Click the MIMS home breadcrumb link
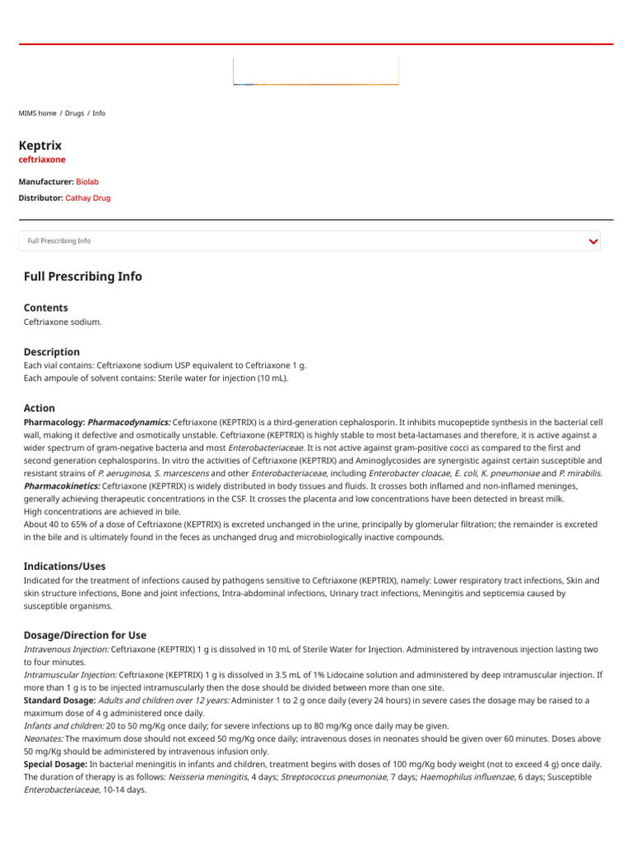pos(37,113)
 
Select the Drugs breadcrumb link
pos(74,113)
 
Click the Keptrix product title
pos(40,145)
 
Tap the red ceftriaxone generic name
pos(42,160)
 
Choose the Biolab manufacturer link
pos(88,181)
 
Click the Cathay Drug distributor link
pos(88,198)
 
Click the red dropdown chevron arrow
pos(593,241)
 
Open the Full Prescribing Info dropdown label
pos(59,241)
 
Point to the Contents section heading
pos(46,308)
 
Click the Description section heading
pos(52,351)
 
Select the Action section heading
pos(39,408)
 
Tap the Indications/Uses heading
pos(65,567)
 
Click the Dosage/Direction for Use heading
pos(86,635)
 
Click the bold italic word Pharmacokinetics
pos(62,486)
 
